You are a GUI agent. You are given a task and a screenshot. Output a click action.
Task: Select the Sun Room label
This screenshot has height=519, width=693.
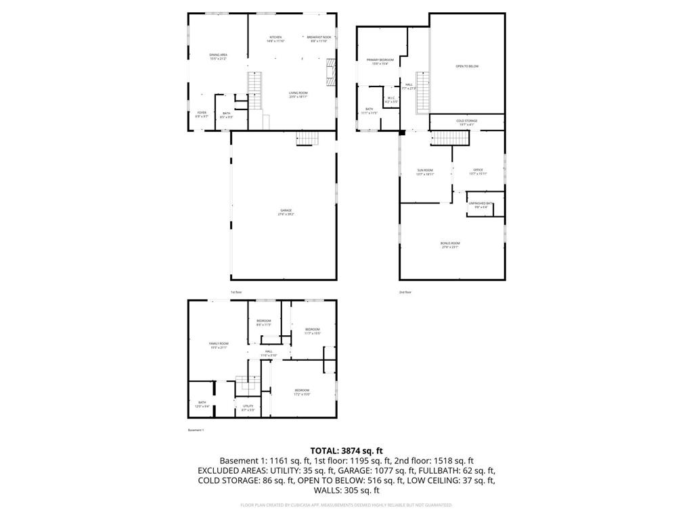tap(424, 172)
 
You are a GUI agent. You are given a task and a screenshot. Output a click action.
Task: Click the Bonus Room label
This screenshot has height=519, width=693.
tap(450, 245)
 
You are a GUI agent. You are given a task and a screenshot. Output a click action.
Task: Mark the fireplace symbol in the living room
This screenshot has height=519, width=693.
tap(330, 72)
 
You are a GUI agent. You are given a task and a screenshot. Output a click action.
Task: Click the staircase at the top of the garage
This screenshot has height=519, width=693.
tap(307, 139)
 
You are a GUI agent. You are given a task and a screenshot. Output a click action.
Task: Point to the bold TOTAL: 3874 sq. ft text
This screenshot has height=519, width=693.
tap(346, 450)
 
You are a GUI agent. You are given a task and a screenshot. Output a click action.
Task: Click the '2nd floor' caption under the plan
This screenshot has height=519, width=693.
tap(405, 292)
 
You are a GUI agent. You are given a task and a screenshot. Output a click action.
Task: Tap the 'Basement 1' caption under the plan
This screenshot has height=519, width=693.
tap(196, 430)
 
